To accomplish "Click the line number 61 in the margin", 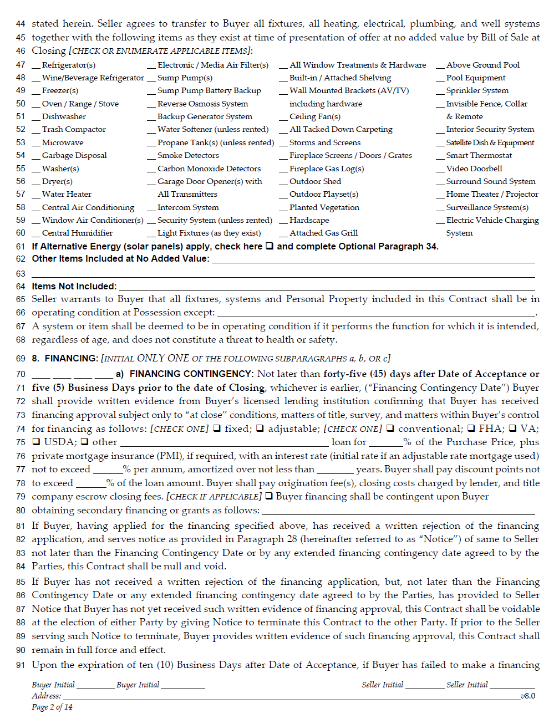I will coord(21,247).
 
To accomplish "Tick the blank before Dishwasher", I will coord(36,118).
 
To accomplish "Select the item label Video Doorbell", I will coord(474,169).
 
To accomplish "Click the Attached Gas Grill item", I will coord(323,233).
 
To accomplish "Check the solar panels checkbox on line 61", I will coord(270,246).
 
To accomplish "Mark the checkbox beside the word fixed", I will coord(217,429).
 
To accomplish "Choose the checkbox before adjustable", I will coord(260,429).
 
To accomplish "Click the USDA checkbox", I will coord(36,442).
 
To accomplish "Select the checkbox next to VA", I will coord(512,429).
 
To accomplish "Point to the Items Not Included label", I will coord(74,287).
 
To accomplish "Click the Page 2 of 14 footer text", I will coord(52,707).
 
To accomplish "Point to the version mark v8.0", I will coord(528,696).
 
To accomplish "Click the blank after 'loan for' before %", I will coord(386,443).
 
